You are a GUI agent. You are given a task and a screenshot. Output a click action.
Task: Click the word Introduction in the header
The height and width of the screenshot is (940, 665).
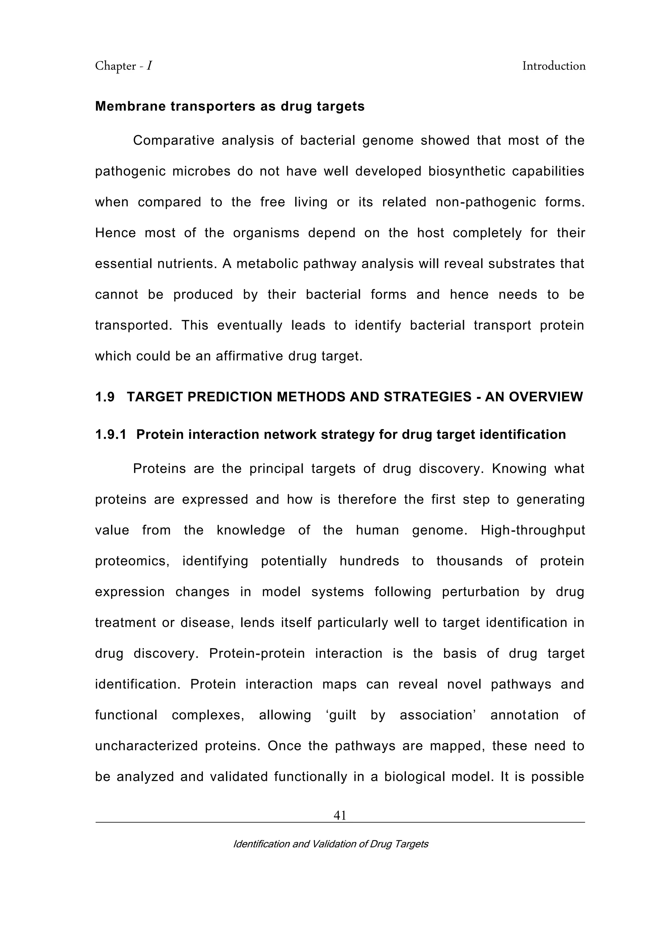coord(554,66)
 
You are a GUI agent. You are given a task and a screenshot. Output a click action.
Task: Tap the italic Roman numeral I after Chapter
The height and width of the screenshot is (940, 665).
coord(150,66)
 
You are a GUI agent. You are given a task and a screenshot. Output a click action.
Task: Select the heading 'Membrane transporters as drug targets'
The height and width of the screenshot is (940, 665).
coord(230,106)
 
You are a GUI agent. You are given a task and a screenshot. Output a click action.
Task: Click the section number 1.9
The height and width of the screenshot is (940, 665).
coord(105,397)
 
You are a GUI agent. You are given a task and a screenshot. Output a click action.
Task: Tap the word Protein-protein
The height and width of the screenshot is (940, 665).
coord(257,653)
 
